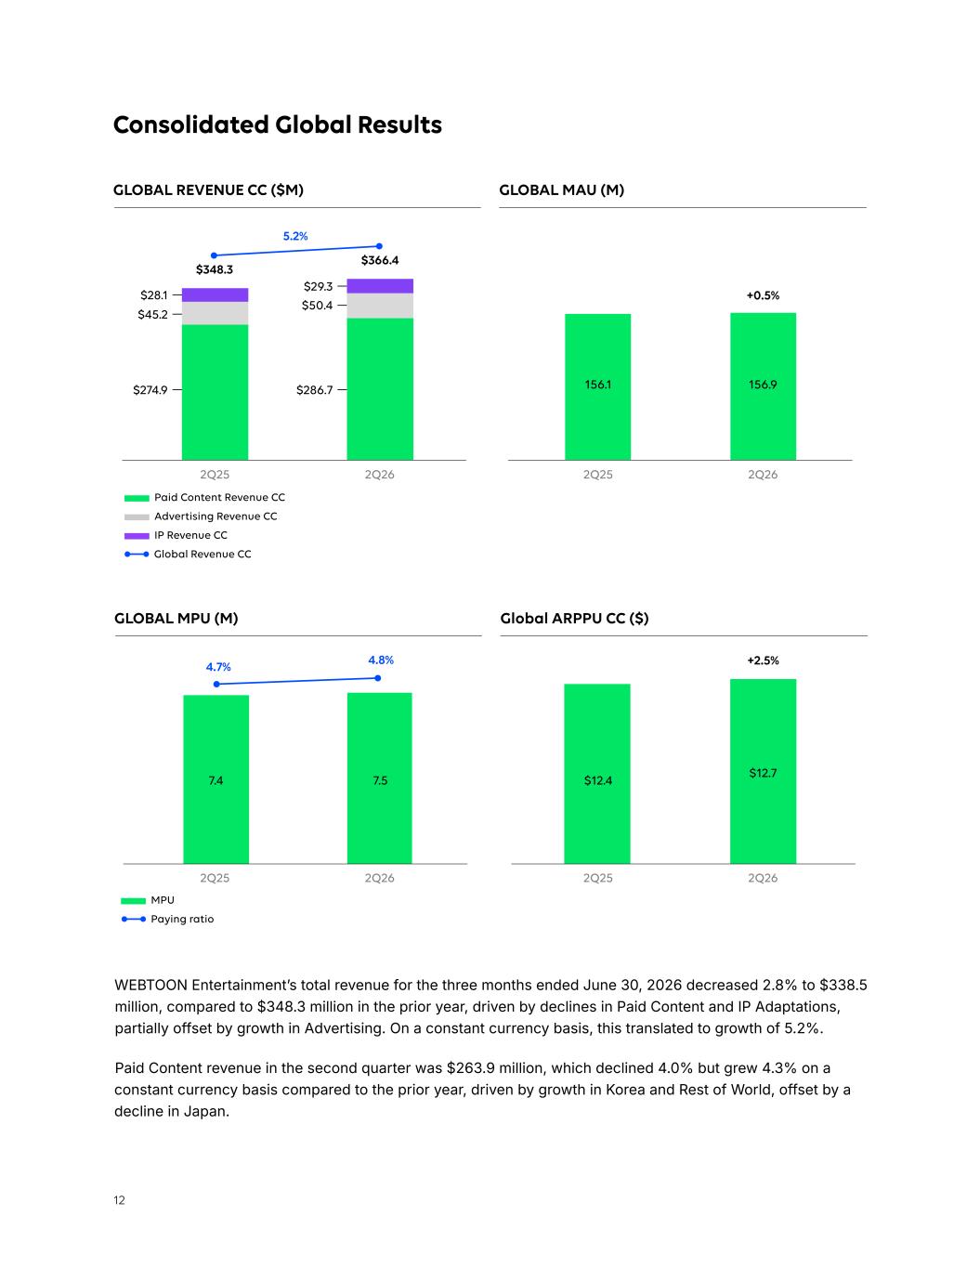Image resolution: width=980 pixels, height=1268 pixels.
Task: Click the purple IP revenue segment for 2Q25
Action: tap(215, 294)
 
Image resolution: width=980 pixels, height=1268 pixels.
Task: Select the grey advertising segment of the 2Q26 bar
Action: tap(380, 306)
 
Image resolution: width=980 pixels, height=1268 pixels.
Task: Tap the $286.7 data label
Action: tap(314, 390)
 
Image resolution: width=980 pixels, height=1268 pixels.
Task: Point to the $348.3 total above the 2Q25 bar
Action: tap(214, 269)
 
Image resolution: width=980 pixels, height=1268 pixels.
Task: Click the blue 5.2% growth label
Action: tap(295, 236)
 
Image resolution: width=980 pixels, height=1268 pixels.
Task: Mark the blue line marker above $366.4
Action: tap(379, 246)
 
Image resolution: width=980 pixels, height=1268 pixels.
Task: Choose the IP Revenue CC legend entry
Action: tap(176, 535)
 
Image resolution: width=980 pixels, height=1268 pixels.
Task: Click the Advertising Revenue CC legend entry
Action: tap(201, 516)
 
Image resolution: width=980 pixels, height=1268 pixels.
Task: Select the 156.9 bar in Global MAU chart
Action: tap(763, 386)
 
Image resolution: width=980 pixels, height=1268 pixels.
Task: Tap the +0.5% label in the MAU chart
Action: tap(763, 295)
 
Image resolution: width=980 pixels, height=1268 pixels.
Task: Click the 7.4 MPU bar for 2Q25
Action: tap(216, 779)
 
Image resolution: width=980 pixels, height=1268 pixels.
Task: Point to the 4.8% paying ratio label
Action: tap(381, 660)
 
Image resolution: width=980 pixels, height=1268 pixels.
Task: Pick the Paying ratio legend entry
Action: tap(167, 919)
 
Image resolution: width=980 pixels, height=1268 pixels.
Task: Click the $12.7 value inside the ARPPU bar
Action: tap(763, 773)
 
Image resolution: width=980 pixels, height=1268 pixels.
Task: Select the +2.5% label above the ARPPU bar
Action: tap(763, 660)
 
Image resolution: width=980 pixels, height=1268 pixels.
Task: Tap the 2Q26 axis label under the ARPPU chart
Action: tap(763, 878)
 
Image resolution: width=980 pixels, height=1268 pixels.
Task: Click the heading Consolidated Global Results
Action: tap(278, 124)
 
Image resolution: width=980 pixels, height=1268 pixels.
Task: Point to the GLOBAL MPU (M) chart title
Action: tap(176, 619)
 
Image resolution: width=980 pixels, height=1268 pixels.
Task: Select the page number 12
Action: tap(119, 1200)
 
